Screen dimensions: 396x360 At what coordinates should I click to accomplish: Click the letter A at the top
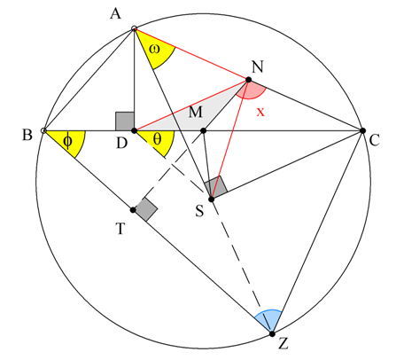[x=115, y=13]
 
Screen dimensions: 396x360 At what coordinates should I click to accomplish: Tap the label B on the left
[x=27, y=135]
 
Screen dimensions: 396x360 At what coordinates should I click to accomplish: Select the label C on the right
[x=374, y=140]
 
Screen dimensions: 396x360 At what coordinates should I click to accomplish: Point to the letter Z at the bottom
[x=283, y=344]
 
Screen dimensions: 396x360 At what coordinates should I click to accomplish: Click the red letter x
[x=260, y=112]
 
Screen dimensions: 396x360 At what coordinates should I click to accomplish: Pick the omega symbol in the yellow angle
[x=154, y=49]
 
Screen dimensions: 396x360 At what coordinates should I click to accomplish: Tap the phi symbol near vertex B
[x=67, y=141]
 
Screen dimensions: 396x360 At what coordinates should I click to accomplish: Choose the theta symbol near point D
[x=158, y=138]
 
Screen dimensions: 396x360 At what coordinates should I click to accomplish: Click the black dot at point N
[x=249, y=80]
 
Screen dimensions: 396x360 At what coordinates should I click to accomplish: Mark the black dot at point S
[x=212, y=200]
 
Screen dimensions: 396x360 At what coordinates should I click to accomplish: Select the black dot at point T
[x=133, y=210]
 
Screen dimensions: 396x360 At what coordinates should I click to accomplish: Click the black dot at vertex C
[x=363, y=130]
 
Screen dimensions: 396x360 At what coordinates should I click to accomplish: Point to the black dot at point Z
[x=272, y=334]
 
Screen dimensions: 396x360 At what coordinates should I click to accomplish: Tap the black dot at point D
[x=134, y=130]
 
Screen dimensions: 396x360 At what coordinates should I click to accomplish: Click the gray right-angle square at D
[x=125, y=121]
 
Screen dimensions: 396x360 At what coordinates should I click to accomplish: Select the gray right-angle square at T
[x=146, y=209]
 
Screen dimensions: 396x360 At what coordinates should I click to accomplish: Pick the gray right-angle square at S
[x=216, y=187]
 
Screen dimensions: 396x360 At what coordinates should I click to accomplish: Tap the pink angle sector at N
[x=252, y=90]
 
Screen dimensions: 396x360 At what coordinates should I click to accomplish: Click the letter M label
[x=195, y=113]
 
